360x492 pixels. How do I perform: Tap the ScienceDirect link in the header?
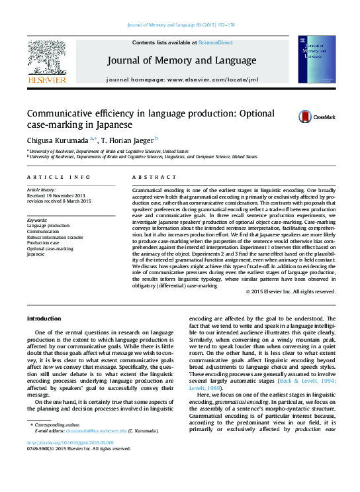[x=216, y=42]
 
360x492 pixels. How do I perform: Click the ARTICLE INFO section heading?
[x=59, y=177]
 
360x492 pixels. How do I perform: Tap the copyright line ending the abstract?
[x=291, y=291]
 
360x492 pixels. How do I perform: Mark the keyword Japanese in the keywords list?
[x=36, y=254]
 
